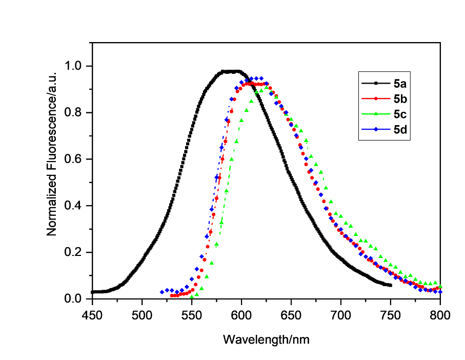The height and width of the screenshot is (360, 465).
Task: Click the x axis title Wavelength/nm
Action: coord(266,339)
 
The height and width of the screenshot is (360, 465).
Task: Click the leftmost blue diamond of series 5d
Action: coord(162,292)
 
